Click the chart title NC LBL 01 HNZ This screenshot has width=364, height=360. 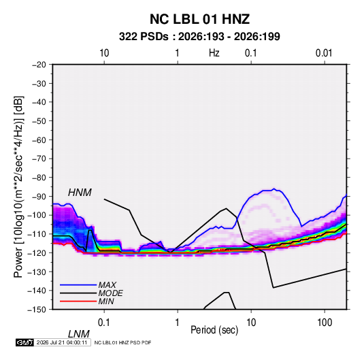(x=199, y=19)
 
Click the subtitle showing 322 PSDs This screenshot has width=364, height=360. (x=199, y=37)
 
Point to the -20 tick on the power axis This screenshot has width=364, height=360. (x=39, y=65)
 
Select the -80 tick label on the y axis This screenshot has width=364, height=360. (x=39, y=178)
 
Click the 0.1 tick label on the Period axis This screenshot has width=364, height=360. (x=103, y=323)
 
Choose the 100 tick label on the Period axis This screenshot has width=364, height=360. (x=325, y=323)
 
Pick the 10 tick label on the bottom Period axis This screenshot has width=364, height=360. (x=251, y=323)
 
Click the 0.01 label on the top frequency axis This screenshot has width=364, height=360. (x=324, y=53)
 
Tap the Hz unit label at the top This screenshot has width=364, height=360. (x=214, y=53)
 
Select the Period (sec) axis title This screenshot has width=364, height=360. (x=214, y=330)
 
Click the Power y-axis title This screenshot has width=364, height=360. (x=18, y=187)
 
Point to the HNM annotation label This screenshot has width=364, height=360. (x=80, y=193)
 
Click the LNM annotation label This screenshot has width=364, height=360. (x=78, y=334)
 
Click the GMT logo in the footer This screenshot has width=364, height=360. (x=24, y=342)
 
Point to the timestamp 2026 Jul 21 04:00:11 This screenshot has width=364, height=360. (x=62, y=342)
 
